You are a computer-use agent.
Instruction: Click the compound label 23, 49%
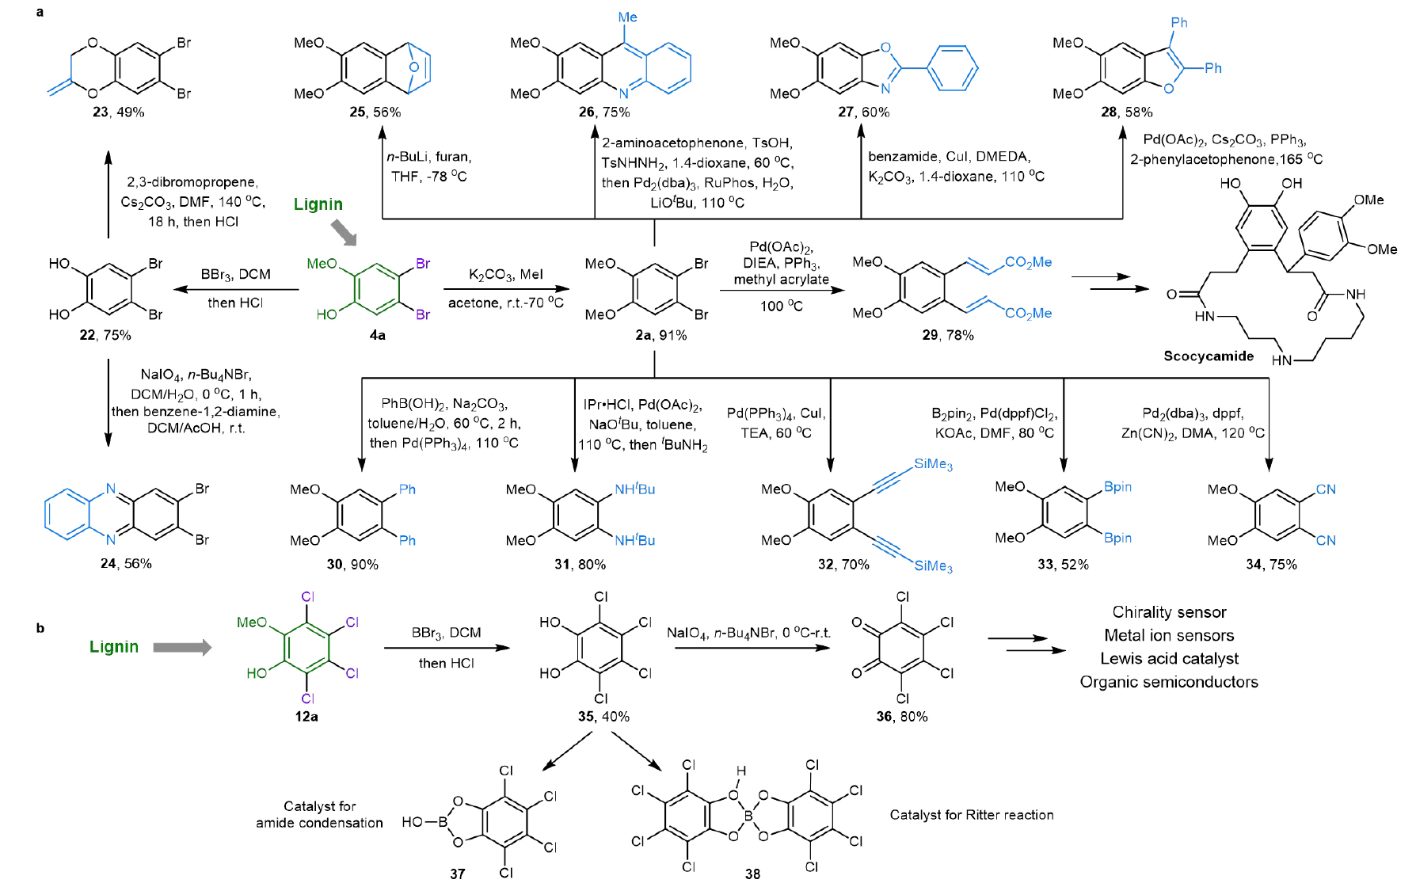(118, 112)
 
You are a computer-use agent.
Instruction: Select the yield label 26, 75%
(604, 112)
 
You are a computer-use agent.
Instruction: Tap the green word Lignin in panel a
(318, 204)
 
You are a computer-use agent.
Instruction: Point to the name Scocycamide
(1209, 356)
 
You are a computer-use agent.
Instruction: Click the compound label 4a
(378, 335)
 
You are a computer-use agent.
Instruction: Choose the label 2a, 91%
(660, 335)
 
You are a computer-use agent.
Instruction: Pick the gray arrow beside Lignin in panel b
(182, 647)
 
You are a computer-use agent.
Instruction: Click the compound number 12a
(306, 717)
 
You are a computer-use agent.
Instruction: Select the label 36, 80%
(901, 717)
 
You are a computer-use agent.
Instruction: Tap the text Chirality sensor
(1169, 612)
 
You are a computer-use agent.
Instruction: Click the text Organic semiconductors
(1169, 682)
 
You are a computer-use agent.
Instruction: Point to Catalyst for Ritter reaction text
(972, 815)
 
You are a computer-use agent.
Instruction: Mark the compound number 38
(752, 874)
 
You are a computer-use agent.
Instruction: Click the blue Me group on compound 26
(627, 17)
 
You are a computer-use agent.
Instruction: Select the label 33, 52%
(1063, 565)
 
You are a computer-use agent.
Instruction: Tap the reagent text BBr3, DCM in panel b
(446, 633)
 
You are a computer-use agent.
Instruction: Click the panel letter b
(40, 628)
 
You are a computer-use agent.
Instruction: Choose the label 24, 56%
(126, 564)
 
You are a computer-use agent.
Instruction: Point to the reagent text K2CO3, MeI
(505, 275)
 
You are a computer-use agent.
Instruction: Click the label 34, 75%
(1271, 565)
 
